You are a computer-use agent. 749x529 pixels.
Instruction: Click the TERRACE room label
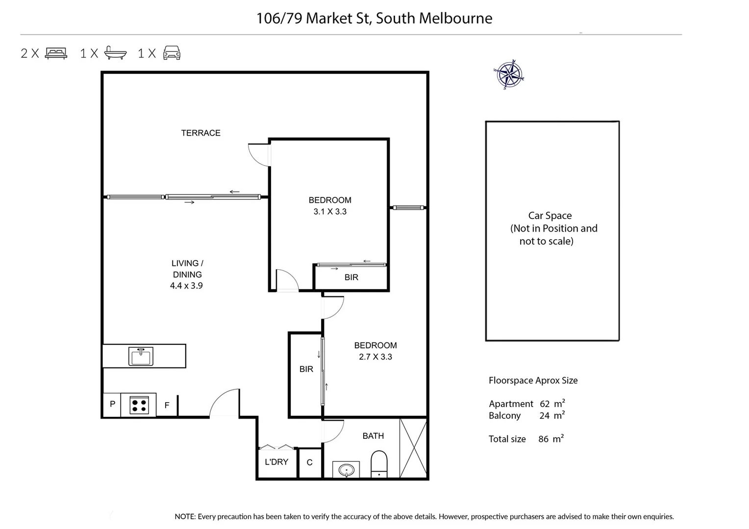[200, 133]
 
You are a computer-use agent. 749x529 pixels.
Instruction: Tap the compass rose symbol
[509, 75]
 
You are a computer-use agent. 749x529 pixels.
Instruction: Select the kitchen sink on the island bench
[141, 356]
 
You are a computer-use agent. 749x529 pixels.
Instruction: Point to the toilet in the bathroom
[379, 464]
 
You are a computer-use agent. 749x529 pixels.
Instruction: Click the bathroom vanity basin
[346, 470]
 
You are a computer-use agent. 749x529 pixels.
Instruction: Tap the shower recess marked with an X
[413, 448]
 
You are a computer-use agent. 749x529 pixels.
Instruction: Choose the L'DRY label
[276, 462]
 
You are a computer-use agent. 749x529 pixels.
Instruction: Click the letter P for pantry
[113, 404]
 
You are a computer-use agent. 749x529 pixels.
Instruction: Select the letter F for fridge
[167, 405]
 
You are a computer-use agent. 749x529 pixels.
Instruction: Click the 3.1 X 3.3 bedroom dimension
[330, 212]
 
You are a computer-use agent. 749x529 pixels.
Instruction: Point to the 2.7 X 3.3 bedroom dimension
[375, 357]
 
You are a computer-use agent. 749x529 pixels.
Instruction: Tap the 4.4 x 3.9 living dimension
[186, 286]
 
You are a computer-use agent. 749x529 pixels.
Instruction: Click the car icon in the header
[172, 53]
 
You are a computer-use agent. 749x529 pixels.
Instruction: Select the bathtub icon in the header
[116, 53]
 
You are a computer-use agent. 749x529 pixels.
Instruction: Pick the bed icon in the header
[56, 53]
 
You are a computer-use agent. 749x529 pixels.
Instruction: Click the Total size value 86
[543, 439]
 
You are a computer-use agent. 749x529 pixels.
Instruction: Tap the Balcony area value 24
[544, 415]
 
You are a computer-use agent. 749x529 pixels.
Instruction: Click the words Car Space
[550, 216]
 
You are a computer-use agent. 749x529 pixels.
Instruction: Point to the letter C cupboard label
[309, 462]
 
